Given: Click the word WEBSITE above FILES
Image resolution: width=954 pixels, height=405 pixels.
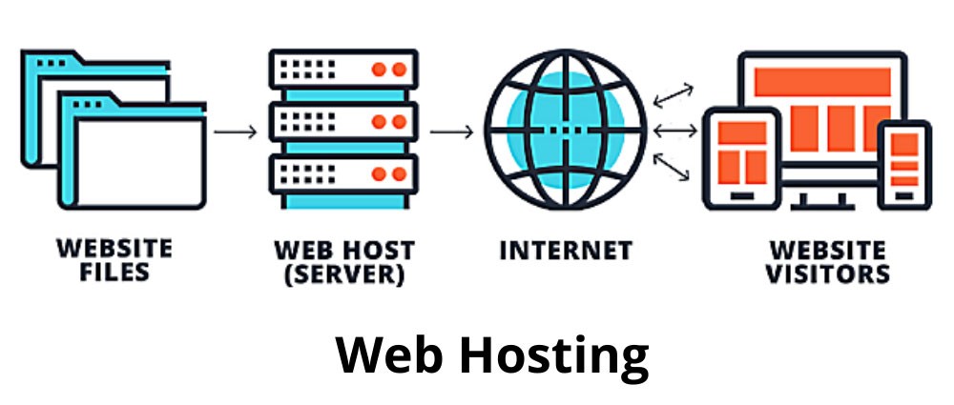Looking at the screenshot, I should point(114,250).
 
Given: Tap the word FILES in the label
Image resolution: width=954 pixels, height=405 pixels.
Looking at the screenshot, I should point(114,273).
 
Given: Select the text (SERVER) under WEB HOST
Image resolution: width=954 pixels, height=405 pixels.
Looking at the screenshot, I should point(344,275).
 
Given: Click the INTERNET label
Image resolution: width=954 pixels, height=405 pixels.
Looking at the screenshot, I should point(567,252).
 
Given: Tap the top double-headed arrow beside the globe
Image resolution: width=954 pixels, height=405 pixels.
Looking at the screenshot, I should point(674,93).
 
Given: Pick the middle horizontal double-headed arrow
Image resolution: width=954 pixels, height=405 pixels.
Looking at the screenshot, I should point(674,130).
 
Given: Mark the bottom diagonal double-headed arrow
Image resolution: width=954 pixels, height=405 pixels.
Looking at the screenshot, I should point(674,167).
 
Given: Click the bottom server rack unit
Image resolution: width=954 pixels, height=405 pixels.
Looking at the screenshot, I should point(344,174).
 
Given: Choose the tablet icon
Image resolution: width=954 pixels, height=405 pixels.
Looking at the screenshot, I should point(742,157).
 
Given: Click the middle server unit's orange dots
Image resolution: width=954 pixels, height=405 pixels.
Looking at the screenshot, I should point(387,122).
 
